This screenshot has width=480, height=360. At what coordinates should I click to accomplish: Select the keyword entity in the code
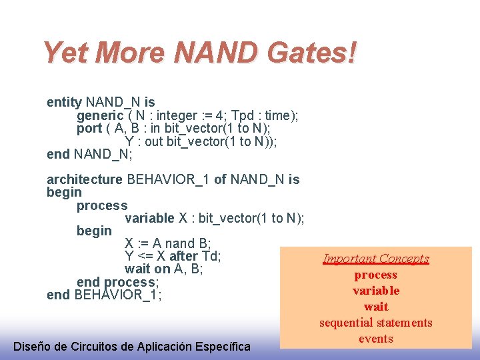click(64, 102)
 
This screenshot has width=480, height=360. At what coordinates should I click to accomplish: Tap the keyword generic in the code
click(100, 115)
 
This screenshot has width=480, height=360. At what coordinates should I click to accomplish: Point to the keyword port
click(89, 128)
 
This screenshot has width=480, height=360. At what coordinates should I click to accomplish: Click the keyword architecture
click(85, 179)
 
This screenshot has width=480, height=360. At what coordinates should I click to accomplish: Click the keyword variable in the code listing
click(149, 218)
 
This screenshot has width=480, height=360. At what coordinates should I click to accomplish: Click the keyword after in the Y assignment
click(184, 256)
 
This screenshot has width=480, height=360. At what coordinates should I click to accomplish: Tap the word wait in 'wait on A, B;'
click(137, 269)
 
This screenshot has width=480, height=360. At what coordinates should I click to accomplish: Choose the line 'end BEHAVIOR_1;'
click(104, 295)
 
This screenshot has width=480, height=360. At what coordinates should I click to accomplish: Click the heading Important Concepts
click(376, 259)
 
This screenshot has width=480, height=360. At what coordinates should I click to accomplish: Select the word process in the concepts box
click(376, 275)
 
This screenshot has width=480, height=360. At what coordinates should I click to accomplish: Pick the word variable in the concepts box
click(376, 291)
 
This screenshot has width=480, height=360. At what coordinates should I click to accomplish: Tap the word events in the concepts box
click(376, 339)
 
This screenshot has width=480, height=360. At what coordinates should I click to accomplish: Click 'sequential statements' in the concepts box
click(376, 323)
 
